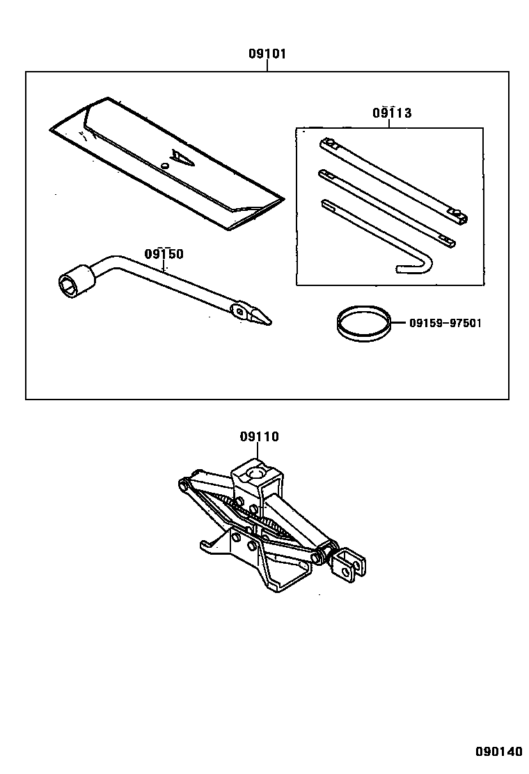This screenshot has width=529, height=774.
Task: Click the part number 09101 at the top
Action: [267, 54]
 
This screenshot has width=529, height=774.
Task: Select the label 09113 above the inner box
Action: [391, 113]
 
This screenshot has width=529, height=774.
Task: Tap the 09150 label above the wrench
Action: [164, 254]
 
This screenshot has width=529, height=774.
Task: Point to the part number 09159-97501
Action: [445, 323]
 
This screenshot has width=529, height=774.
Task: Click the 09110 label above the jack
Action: [259, 437]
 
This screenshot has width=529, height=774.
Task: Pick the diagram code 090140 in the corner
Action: [498, 752]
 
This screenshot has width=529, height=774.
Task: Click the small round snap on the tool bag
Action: [165, 166]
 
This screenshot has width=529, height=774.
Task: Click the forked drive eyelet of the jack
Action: [347, 562]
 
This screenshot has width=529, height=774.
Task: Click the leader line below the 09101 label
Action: [267, 65]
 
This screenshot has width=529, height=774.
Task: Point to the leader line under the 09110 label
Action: [259, 452]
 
